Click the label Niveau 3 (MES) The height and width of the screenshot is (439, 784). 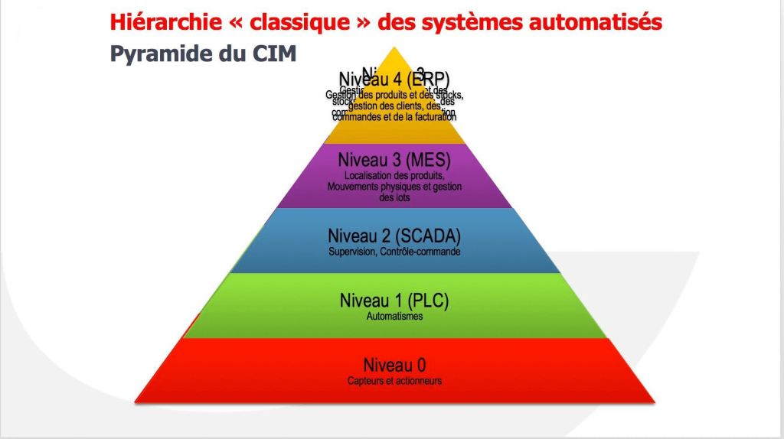click(394, 161)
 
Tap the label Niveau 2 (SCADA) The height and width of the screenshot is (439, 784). click(394, 235)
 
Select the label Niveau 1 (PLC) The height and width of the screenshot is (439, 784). click(394, 301)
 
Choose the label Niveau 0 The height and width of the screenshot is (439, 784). click(394, 363)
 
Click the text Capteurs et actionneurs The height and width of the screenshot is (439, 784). click(394, 380)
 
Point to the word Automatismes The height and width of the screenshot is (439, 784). click(394, 316)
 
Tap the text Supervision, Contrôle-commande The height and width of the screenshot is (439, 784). click(394, 252)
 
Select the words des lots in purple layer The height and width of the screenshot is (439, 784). click(394, 197)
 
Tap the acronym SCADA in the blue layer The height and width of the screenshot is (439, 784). click(426, 235)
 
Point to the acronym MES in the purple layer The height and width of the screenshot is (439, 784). click(426, 161)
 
